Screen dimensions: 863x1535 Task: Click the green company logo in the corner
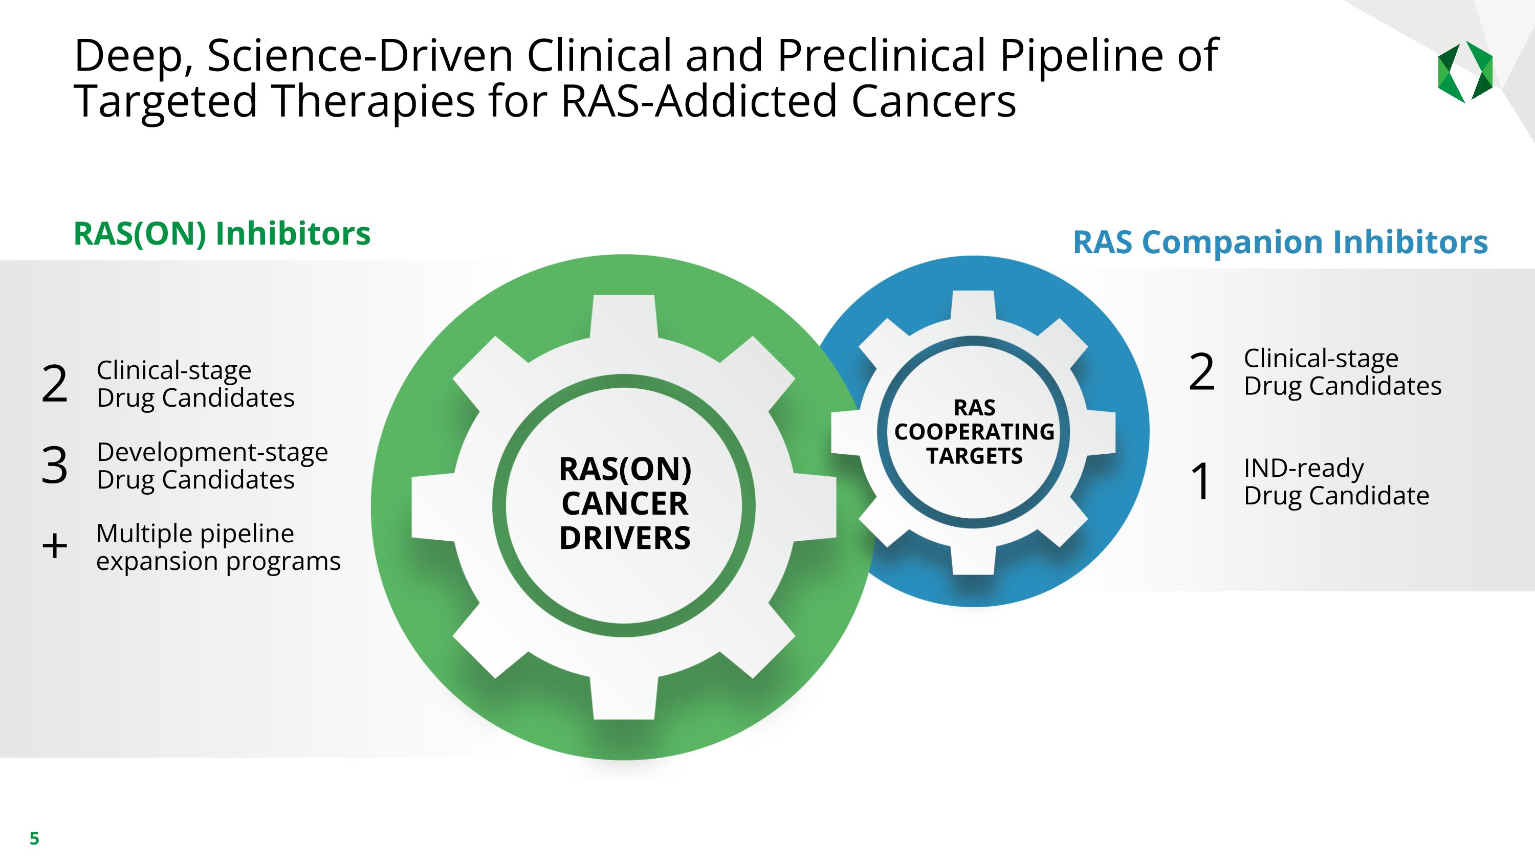(1465, 72)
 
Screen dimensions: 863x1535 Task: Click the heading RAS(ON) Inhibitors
(222, 233)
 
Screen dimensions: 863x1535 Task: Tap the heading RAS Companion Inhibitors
(1280, 242)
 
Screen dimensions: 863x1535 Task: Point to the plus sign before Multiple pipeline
(55, 546)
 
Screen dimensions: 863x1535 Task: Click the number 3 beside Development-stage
(54, 465)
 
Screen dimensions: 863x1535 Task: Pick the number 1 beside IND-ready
(1201, 481)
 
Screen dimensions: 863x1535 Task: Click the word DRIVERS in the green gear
(624, 538)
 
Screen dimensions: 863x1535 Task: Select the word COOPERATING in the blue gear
(974, 432)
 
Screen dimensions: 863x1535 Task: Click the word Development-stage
(212, 452)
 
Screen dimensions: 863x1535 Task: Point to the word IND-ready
(1303, 468)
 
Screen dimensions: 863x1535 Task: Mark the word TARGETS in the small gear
(974, 456)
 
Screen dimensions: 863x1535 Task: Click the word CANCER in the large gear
(624, 504)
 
